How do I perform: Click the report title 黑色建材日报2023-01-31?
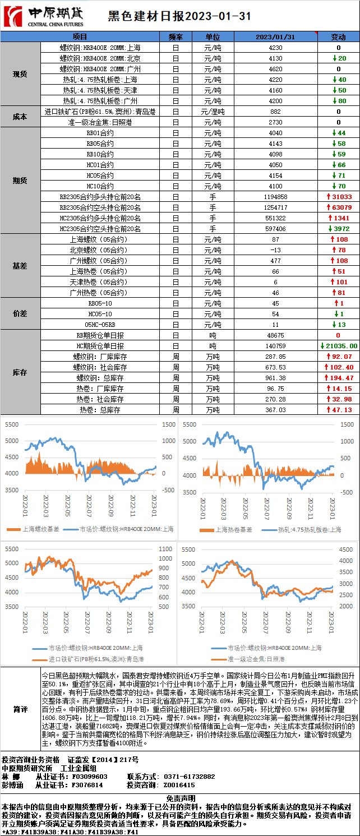179,17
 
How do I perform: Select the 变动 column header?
338,37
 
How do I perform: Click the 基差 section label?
20,266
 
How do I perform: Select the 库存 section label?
20,372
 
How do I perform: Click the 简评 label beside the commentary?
20,709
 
